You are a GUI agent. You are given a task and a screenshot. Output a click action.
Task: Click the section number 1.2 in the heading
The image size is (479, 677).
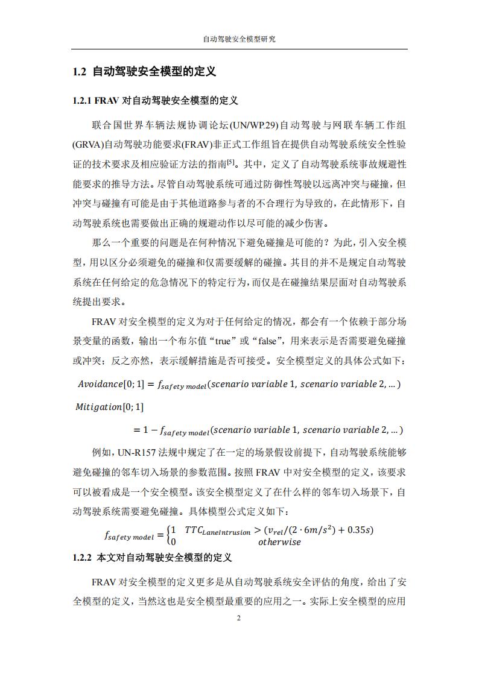pos(80,72)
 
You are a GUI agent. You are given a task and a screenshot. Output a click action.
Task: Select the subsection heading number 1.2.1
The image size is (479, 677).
pos(82,100)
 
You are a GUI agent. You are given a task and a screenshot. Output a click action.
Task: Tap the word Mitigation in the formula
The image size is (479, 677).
pos(98,407)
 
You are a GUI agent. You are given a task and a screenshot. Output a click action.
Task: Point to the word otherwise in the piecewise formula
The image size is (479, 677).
pos(279,541)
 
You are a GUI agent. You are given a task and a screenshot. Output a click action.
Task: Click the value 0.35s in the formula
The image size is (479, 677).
pos(358,531)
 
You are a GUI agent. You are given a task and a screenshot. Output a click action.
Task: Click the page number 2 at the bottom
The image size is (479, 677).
pos(239,619)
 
